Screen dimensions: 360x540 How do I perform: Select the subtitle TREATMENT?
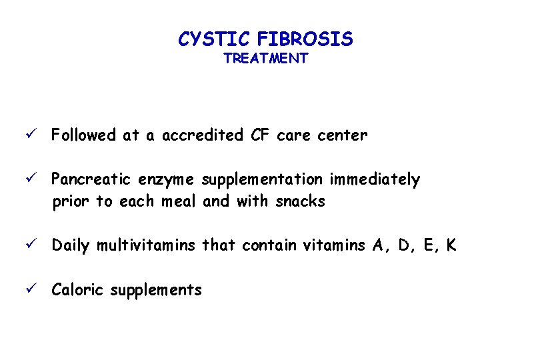[265, 59]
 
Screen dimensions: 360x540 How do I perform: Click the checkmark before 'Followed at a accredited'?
[41, 135]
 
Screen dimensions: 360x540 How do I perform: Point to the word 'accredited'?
[201, 135]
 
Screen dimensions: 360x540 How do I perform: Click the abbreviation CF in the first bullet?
[261, 135]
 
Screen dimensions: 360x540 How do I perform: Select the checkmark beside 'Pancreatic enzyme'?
[41, 179]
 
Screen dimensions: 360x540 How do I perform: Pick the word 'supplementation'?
[262, 180]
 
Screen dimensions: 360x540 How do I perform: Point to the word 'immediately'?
[375, 180]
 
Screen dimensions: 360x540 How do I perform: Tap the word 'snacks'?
[300, 201]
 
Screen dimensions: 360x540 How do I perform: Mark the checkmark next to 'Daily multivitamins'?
[41, 245]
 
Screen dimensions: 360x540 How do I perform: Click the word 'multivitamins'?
[146, 245]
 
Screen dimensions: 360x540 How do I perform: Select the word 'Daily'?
[71, 245]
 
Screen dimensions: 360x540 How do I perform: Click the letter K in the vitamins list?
[451, 245]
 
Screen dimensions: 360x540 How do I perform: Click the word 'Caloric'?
[78, 289]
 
